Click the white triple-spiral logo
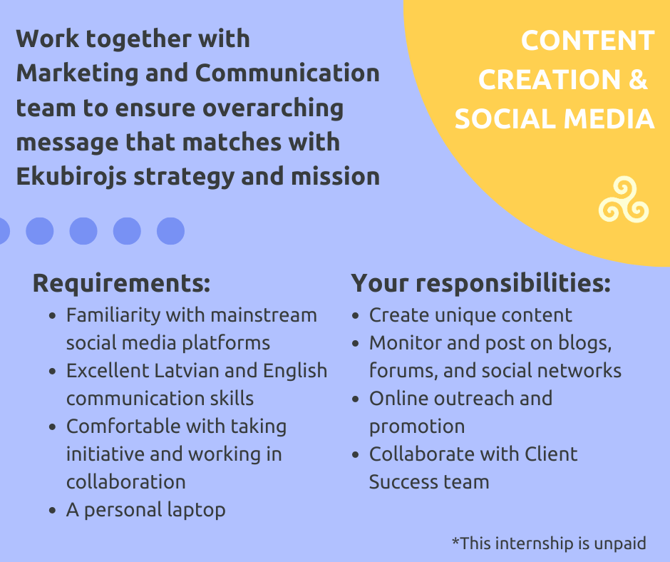point(624,200)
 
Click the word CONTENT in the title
point(587,41)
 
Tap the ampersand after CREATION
point(638,79)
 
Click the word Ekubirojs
point(71,177)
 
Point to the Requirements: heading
point(122,282)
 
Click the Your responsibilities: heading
point(480,284)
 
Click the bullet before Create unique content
point(356,316)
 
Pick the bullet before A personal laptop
point(53,511)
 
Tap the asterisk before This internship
point(455,541)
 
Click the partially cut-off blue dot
point(4,231)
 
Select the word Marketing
point(78,73)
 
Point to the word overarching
point(272,108)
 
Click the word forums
point(404,371)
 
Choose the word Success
point(401,482)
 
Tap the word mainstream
point(264,315)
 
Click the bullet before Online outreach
point(356,399)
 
